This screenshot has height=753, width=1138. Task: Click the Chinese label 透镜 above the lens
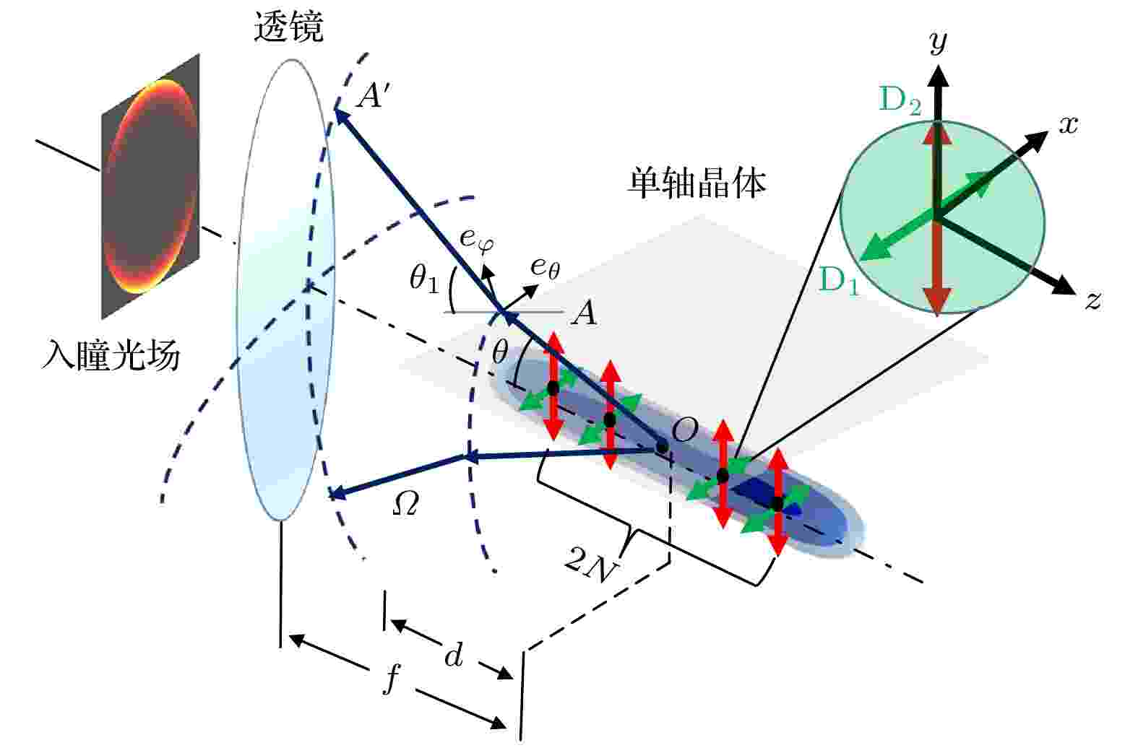click(x=288, y=27)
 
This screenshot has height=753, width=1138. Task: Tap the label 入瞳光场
click(x=111, y=354)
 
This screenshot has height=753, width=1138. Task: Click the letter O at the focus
click(x=685, y=430)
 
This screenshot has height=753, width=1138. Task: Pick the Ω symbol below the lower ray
click(x=406, y=504)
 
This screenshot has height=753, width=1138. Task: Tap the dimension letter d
click(x=454, y=655)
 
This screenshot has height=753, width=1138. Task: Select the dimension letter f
click(x=392, y=679)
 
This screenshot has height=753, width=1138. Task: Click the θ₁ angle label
click(x=425, y=279)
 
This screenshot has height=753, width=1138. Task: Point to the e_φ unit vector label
click(x=476, y=239)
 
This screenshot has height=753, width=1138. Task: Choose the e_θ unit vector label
click(x=545, y=267)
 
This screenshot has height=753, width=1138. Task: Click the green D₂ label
click(x=900, y=100)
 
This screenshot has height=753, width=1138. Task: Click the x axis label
click(x=1069, y=124)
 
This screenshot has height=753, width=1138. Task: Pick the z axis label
click(x=1093, y=300)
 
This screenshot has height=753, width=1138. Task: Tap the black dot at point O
click(x=661, y=448)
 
